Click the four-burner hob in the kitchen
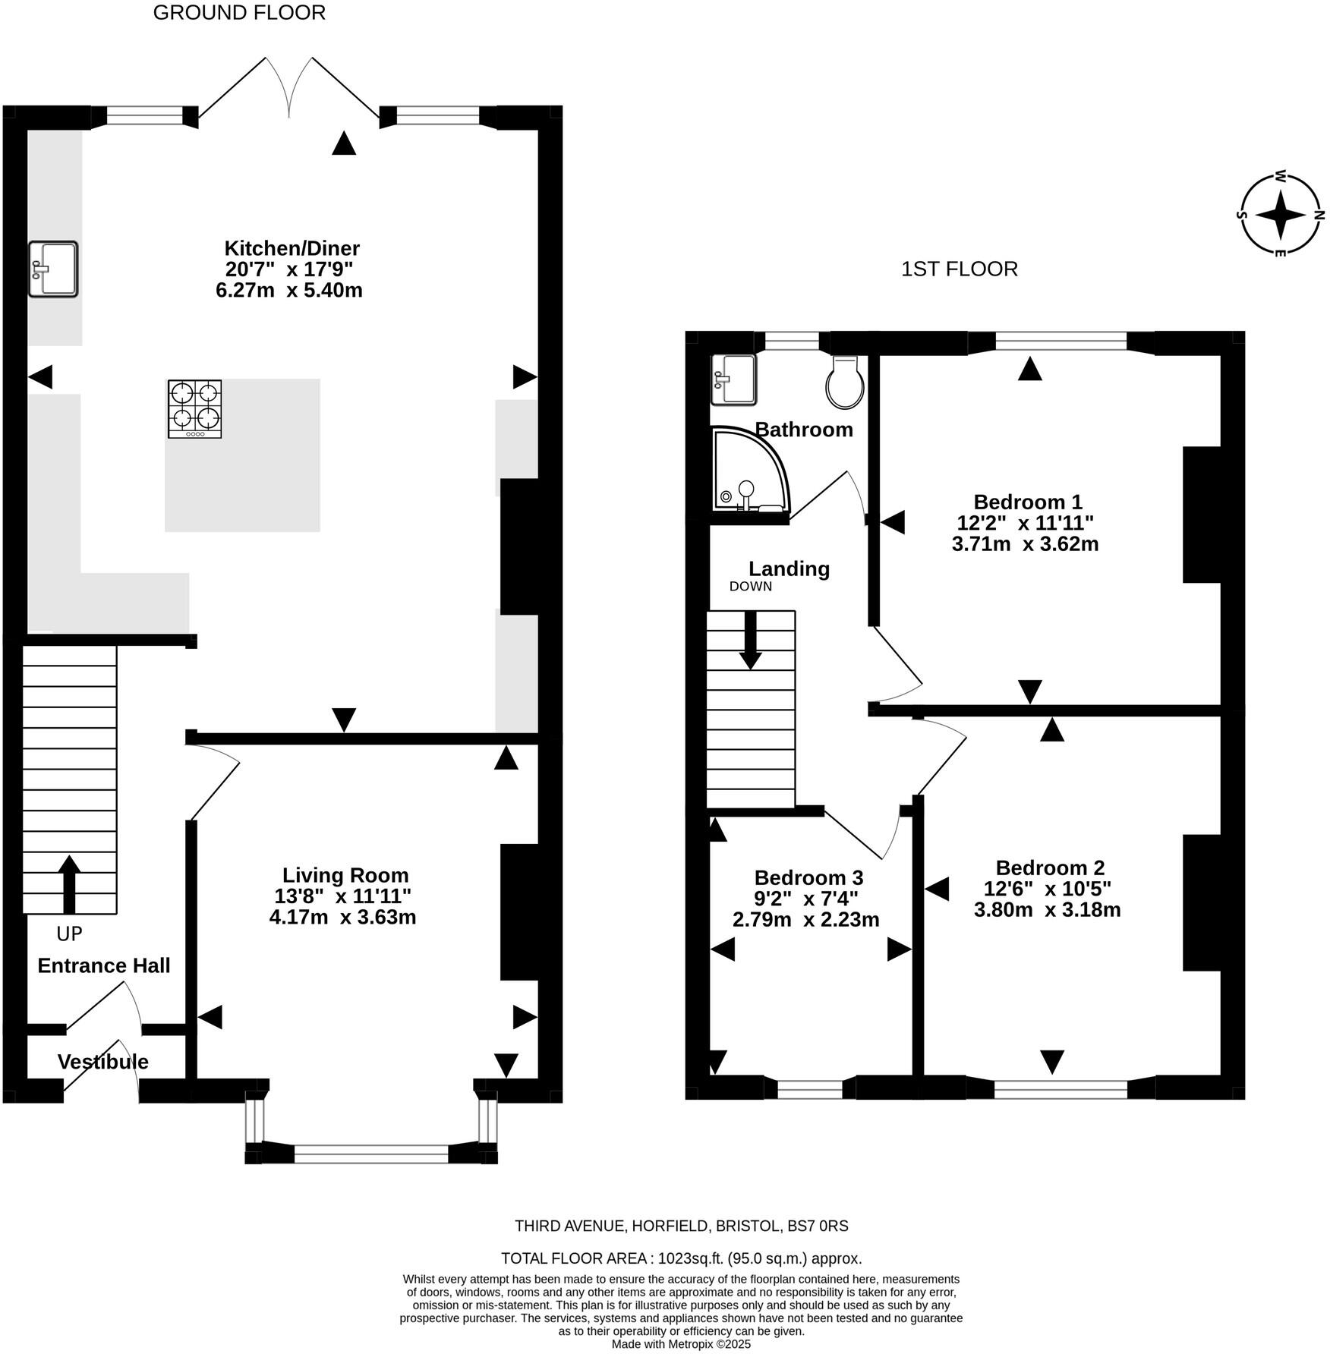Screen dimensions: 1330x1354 (x=195, y=409)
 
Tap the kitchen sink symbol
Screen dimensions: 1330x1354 (x=53, y=269)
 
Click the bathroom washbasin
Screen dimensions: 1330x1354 (x=734, y=379)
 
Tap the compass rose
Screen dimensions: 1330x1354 (x=1281, y=215)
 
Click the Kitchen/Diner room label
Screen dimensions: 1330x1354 (x=292, y=248)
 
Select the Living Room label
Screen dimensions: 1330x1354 (x=345, y=875)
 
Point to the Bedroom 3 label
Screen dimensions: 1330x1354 (x=808, y=877)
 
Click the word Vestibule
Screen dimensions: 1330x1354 (x=103, y=1062)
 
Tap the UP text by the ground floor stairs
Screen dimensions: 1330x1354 (x=69, y=934)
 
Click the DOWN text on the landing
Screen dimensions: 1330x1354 (x=751, y=586)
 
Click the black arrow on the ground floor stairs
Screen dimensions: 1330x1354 (x=69, y=884)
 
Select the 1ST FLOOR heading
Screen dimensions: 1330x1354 (x=960, y=269)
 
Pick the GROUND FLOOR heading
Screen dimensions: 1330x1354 (x=239, y=13)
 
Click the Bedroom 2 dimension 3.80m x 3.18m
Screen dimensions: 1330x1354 (x=1048, y=909)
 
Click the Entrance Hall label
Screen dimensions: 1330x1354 (x=104, y=965)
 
